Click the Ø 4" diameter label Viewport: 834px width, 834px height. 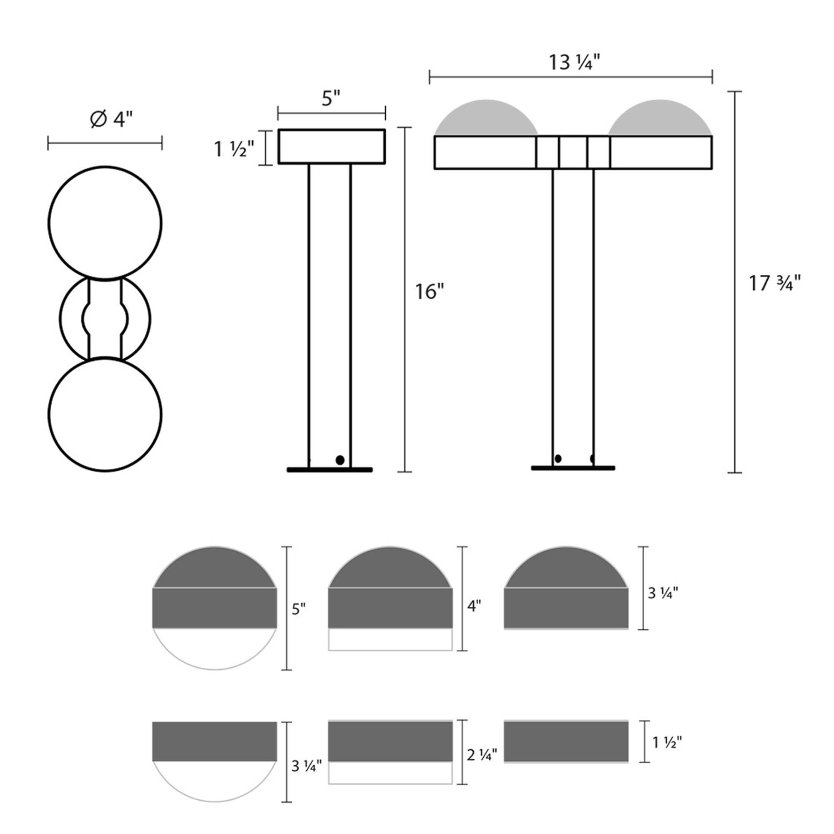click(x=111, y=120)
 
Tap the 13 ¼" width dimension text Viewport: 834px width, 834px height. click(x=574, y=63)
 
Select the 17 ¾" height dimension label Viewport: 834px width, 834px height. click(x=774, y=284)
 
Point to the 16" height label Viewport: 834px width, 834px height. click(x=430, y=292)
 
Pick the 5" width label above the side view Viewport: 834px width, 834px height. click(x=331, y=99)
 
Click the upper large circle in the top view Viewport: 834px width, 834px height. click(x=105, y=223)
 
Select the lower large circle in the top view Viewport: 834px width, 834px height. click(x=105, y=414)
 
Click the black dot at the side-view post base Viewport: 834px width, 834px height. click(x=340, y=460)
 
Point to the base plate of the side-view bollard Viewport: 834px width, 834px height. click(x=329, y=470)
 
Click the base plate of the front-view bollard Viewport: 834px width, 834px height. click(x=573, y=468)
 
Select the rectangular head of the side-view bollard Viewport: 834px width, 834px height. click(x=332, y=146)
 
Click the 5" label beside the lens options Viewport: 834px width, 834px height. click(x=299, y=610)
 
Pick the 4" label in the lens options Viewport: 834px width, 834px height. click(x=474, y=606)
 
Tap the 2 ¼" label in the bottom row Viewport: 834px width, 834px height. click(x=482, y=755)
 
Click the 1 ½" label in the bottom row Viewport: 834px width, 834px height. click(x=666, y=743)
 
